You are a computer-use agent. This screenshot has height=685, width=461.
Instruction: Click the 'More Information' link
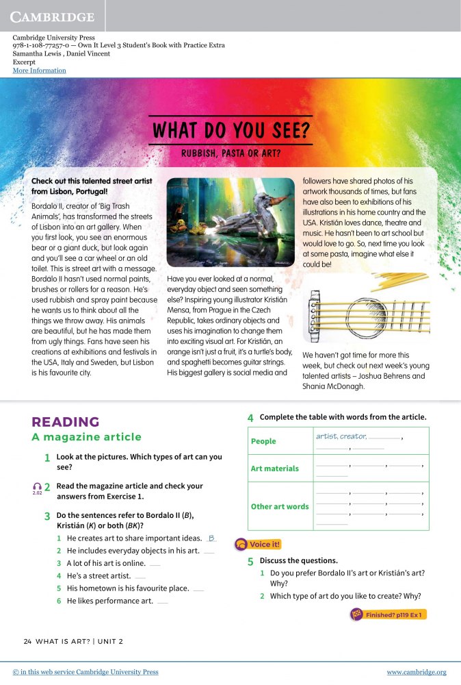pyautogui.click(x=39, y=71)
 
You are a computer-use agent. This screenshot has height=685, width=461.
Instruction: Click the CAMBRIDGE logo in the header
pyautogui.click(x=53, y=16)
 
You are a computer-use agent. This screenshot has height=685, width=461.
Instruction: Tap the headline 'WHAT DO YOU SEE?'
pyautogui.click(x=232, y=129)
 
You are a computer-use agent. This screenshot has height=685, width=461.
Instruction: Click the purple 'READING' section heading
pyautogui.click(x=66, y=422)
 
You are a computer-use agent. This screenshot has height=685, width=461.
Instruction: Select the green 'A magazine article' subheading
pyautogui.click(x=86, y=437)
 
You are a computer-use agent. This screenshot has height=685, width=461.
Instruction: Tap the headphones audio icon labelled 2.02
pyautogui.click(x=37, y=487)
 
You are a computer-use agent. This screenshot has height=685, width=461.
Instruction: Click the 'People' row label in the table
pyautogui.click(x=263, y=441)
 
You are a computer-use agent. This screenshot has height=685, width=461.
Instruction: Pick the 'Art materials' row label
pyautogui.click(x=274, y=469)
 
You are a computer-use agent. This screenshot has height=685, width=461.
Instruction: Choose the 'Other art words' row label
pyautogui.click(x=279, y=506)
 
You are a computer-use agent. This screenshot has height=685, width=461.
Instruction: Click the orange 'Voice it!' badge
pyautogui.click(x=259, y=545)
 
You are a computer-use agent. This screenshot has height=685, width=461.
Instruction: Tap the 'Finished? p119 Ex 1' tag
pyautogui.click(x=388, y=614)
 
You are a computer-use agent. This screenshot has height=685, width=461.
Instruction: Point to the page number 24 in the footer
pyautogui.click(x=27, y=641)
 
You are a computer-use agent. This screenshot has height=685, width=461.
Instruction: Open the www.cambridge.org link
pyautogui.click(x=416, y=672)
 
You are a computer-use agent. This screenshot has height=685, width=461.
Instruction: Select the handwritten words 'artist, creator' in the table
pyautogui.click(x=341, y=436)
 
